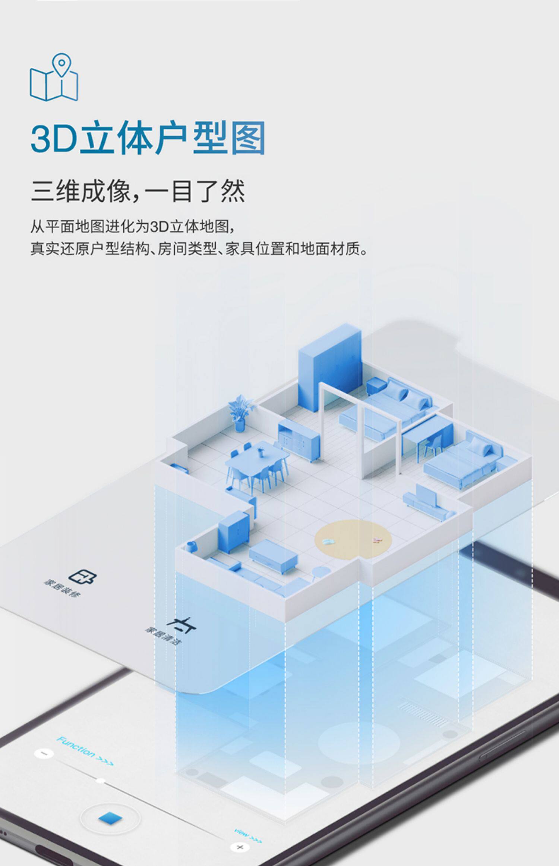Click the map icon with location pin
[54, 78]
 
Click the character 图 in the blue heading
[247, 138]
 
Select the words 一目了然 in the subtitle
[195, 191]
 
